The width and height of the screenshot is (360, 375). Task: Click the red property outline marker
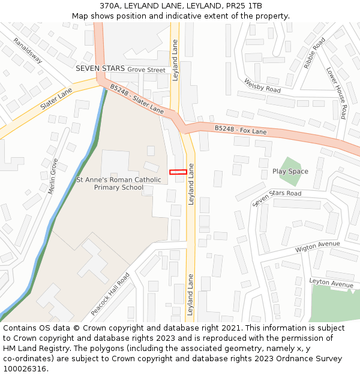coord(178,172)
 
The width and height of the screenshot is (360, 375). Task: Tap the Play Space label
coord(290,172)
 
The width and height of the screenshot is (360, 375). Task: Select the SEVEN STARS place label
coord(100,69)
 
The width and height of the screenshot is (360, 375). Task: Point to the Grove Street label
coord(146,70)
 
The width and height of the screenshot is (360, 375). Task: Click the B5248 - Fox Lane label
coord(241,130)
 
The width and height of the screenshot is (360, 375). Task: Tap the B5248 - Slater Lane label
coord(137,100)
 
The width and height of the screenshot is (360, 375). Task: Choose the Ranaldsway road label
coord(28,51)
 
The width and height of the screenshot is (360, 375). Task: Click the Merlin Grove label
coord(52,176)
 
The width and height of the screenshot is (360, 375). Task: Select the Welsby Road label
coord(262,85)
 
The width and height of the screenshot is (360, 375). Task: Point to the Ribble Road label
coord(314,53)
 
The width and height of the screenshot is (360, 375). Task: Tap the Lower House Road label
coord(337,92)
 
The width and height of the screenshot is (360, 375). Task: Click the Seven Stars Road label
coord(277,198)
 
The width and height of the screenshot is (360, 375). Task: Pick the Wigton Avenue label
coord(317,247)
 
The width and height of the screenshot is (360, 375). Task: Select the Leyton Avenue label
coord(331,282)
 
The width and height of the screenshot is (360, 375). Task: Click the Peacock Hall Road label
coord(110,295)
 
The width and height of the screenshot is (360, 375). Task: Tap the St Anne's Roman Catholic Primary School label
coord(119,184)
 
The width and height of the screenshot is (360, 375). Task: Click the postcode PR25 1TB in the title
coord(244,6)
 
